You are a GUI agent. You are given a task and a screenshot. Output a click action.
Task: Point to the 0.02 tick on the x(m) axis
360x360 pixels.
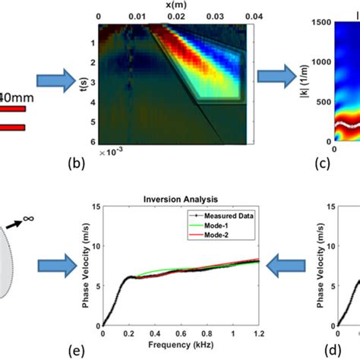point(176,16)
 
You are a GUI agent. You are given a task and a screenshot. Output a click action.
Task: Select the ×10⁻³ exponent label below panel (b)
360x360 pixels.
point(111,153)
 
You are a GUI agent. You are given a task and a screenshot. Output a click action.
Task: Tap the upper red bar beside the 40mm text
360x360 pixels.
point(13,109)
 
